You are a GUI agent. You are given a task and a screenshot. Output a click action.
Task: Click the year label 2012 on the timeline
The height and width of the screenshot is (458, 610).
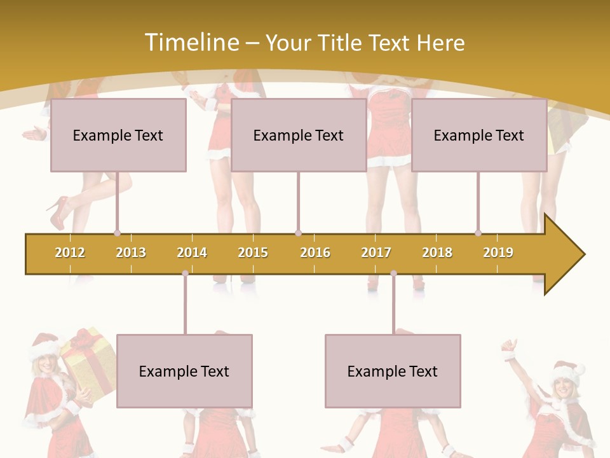point(70,253)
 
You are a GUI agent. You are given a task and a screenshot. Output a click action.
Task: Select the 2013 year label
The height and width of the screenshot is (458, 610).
point(131,253)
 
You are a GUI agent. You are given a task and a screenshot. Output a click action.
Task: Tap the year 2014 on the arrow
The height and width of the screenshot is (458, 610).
point(192,253)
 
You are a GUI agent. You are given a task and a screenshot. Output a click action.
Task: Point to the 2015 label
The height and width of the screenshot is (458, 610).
point(253,253)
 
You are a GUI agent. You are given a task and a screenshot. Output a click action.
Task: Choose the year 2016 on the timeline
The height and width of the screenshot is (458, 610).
point(315,253)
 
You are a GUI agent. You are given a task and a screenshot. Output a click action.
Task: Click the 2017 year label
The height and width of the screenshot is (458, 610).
point(376,253)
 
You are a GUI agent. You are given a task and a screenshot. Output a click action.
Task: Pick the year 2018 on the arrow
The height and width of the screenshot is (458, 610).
point(437,253)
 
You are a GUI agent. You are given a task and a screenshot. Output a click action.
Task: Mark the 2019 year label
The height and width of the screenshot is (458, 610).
point(498,253)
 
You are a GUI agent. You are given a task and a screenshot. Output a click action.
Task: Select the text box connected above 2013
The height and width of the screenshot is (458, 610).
point(118,135)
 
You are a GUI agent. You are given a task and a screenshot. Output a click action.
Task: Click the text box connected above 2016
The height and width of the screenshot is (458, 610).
point(299,135)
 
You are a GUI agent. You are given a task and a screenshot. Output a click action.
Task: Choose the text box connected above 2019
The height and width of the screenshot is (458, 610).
point(479,135)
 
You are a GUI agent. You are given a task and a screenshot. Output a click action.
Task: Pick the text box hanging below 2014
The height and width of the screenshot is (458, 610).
point(184,371)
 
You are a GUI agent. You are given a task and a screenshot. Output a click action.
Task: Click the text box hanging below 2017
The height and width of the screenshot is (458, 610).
point(393,371)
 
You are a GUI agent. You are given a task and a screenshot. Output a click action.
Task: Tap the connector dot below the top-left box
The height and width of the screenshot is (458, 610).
point(117,233)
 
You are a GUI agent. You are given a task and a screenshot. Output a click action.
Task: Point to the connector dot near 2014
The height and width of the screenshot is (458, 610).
point(185,274)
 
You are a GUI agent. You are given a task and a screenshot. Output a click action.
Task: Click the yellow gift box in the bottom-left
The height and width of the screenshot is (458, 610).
point(90,363)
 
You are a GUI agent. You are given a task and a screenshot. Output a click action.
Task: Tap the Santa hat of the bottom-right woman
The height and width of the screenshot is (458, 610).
point(569,372)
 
